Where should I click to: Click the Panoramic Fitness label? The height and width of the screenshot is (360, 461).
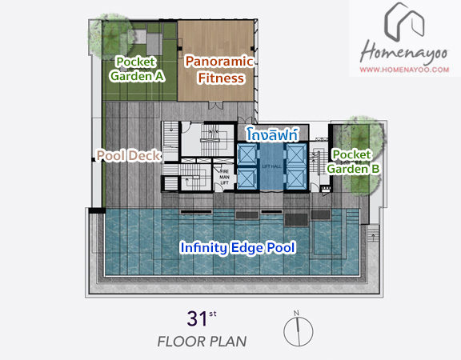tap(219, 70)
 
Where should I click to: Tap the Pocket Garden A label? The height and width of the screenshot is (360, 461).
tap(137, 69)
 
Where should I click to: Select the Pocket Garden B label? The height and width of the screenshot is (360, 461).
tap(353, 162)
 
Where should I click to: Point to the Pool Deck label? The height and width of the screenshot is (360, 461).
tap(129, 155)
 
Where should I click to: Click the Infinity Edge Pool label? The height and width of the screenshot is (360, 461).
tap(238, 248)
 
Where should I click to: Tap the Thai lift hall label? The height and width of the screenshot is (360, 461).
tap(272, 134)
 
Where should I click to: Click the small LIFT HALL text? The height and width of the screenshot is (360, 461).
tap(271, 166)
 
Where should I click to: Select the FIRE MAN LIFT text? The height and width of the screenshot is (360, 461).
tap(224, 177)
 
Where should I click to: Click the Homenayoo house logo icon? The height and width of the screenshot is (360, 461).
tap(405, 22)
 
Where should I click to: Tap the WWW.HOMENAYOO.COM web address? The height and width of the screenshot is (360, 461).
tap(404, 70)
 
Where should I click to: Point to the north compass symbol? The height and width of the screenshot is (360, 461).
tap(298, 329)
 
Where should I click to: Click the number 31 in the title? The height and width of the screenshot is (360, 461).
tap(197, 318)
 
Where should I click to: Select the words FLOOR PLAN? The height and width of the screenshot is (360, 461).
tap(202, 342)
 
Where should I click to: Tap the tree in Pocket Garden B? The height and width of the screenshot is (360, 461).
tap(363, 156)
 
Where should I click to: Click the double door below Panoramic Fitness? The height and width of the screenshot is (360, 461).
tap(215, 105)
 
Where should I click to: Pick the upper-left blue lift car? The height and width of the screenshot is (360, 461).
tap(247, 154)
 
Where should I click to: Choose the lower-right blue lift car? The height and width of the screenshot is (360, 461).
tap(296, 178)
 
